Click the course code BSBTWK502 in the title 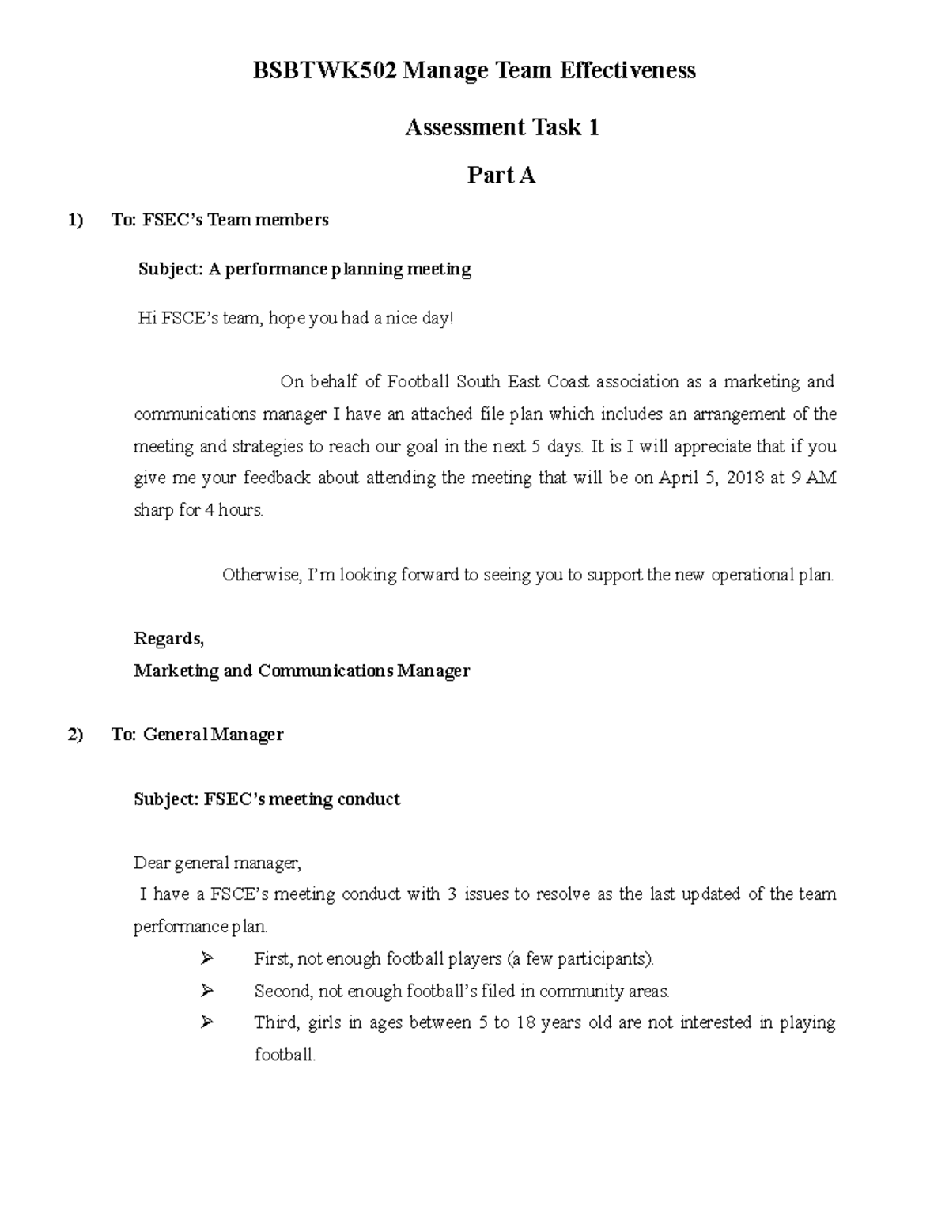[324, 71]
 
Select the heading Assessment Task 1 [501, 127]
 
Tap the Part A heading [501, 176]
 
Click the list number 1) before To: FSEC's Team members [75, 220]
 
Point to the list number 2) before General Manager [75, 735]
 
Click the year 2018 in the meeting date [744, 478]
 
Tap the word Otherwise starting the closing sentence [261, 575]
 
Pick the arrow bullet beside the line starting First [207, 959]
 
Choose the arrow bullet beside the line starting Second [207, 991]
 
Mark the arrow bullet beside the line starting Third [207, 1022]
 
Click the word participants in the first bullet [610, 959]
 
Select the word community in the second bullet [580, 991]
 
